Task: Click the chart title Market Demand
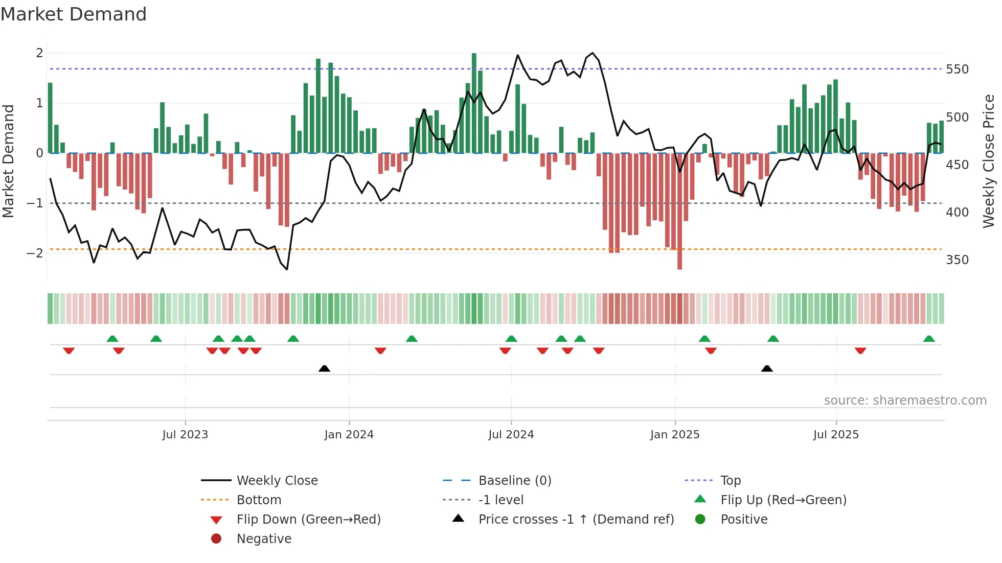coord(74,14)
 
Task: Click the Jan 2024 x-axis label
coord(349,435)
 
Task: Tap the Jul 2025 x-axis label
coord(836,435)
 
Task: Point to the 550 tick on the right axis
coord(957,69)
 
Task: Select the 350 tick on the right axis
coord(957,260)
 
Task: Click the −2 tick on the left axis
coord(35,253)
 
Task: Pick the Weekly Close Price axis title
coord(989,161)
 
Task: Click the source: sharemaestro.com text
coord(905,401)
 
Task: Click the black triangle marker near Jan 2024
coord(324,368)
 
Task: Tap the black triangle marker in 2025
coord(767,368)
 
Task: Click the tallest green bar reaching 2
coord(474,102)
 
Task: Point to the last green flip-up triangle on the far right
coord(929,339)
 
